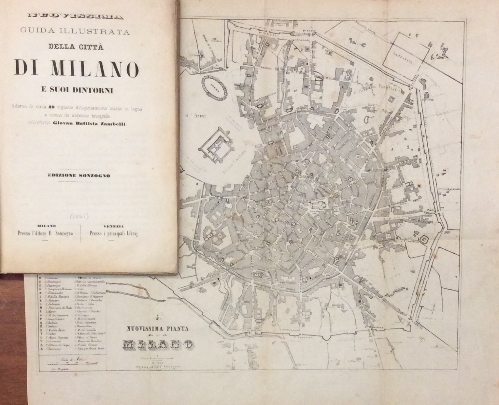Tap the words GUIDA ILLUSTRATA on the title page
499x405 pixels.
[75, 32]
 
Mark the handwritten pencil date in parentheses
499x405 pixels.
[79, 216]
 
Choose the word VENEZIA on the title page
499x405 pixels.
[113, 226]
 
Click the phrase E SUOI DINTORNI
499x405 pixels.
[77, 91]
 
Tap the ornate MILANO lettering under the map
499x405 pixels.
[157, 344]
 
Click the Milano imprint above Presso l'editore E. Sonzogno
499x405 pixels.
[47, 226]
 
